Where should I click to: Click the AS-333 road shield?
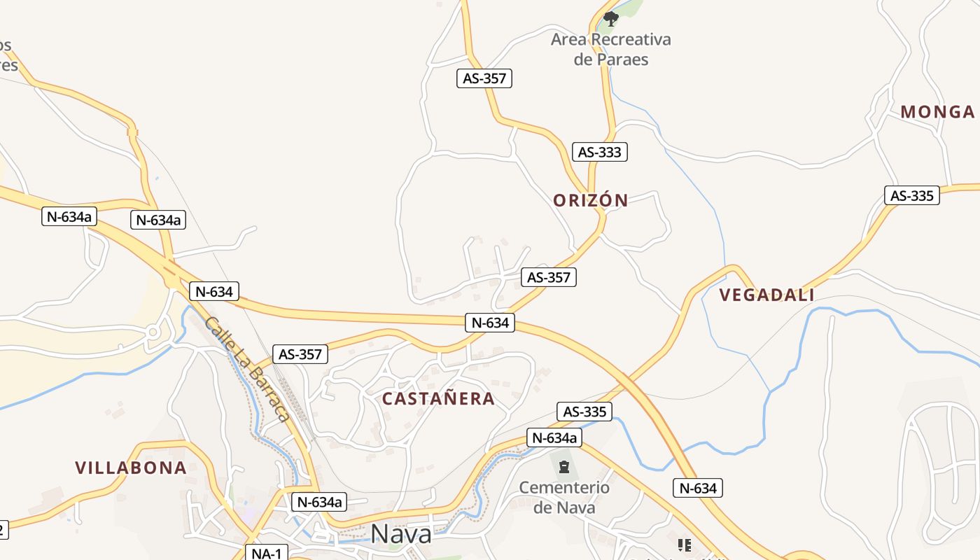[600, 152]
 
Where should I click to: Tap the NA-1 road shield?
[267, 553]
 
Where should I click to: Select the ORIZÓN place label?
[591, 200]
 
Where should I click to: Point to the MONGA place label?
[937, 112]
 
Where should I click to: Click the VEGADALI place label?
[766, 295]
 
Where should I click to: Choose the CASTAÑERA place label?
[438, 399]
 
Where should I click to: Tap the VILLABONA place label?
[131, 468]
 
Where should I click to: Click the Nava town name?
[401, 533]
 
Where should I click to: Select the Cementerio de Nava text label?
[564, 497]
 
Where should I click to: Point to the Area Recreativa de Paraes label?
[610, 49]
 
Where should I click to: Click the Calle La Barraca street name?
[248, 369]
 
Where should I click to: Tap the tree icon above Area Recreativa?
[611, 18]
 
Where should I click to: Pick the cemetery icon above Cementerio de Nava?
[564, 466]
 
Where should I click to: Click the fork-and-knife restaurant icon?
[684, 545]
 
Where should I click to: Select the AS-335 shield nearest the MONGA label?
[912, 196]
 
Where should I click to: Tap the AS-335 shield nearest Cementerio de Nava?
[584, 412]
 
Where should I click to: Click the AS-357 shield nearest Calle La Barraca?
[300, 354]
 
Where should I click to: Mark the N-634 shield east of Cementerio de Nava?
[697, 488]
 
